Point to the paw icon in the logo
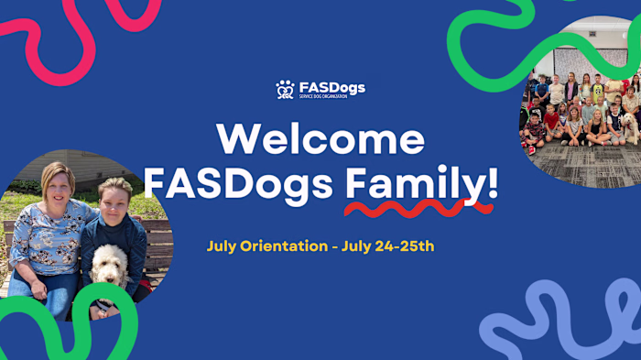[x=285, y=89]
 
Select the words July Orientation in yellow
[x=266, y=246]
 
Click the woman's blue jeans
[x=50, y=293]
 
